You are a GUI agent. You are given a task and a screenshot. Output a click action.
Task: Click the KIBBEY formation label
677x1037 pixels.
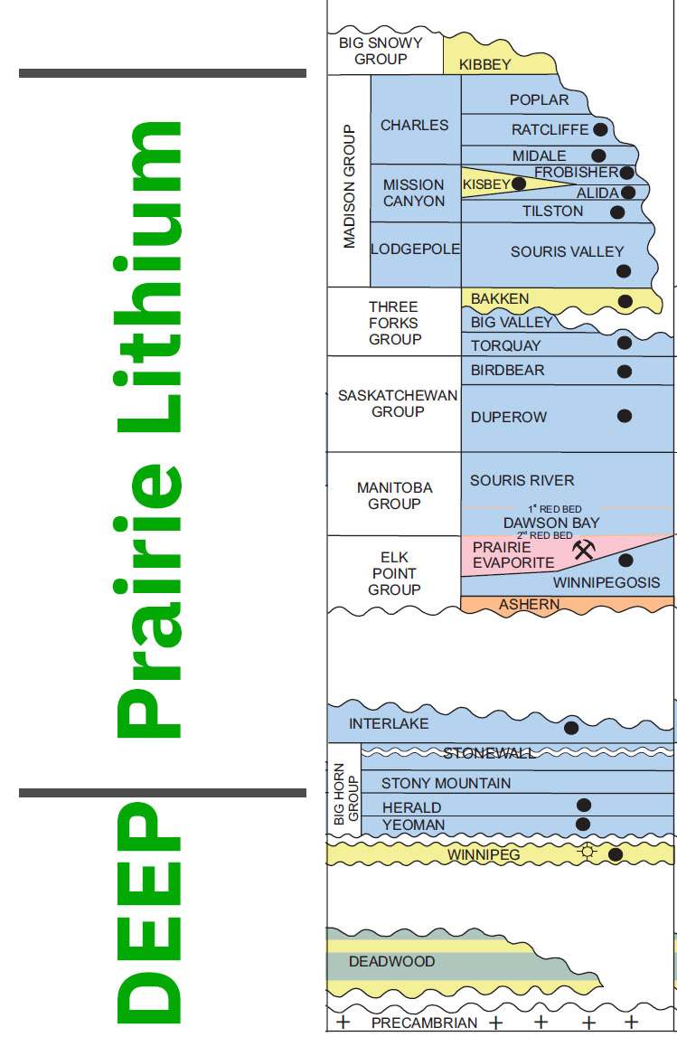tap(485, 64)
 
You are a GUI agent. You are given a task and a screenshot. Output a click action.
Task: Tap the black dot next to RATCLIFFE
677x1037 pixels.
tap(599, 129)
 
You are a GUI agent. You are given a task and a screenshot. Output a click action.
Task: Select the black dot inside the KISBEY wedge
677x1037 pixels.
tap(519, 184)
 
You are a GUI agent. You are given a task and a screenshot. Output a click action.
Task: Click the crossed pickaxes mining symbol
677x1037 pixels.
tap(584, 548)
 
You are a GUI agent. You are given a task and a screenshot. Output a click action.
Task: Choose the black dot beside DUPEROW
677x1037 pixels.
tap(624, 416)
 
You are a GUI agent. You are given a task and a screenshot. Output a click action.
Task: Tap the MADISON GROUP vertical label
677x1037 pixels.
tap(350, 186)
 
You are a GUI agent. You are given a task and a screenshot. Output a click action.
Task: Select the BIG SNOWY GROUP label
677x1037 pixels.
tap(381, 52)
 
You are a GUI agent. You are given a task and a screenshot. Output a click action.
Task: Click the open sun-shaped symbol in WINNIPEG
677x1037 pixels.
tap(589, 851)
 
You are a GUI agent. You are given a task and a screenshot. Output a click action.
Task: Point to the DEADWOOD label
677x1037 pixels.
tap(392, 961)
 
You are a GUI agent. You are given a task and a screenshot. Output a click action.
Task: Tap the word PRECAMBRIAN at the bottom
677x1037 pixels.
tap(424, 1023)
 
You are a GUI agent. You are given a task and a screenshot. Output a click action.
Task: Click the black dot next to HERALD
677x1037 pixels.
tap(584, 805)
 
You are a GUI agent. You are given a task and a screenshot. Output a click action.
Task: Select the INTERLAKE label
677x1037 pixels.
tap(389, 723)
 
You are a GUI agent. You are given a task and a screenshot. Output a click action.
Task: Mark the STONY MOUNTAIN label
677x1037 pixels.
tap(446, 783)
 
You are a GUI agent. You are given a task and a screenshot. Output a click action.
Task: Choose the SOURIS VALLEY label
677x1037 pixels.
tap(567, 251)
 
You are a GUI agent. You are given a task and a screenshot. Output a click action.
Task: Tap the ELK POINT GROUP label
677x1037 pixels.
tap(394, 573)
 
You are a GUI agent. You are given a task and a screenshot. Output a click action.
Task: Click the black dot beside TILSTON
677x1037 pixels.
tap(617, 212)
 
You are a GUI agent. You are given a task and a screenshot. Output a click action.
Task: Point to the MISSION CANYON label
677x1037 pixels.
tap(414, 193)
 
